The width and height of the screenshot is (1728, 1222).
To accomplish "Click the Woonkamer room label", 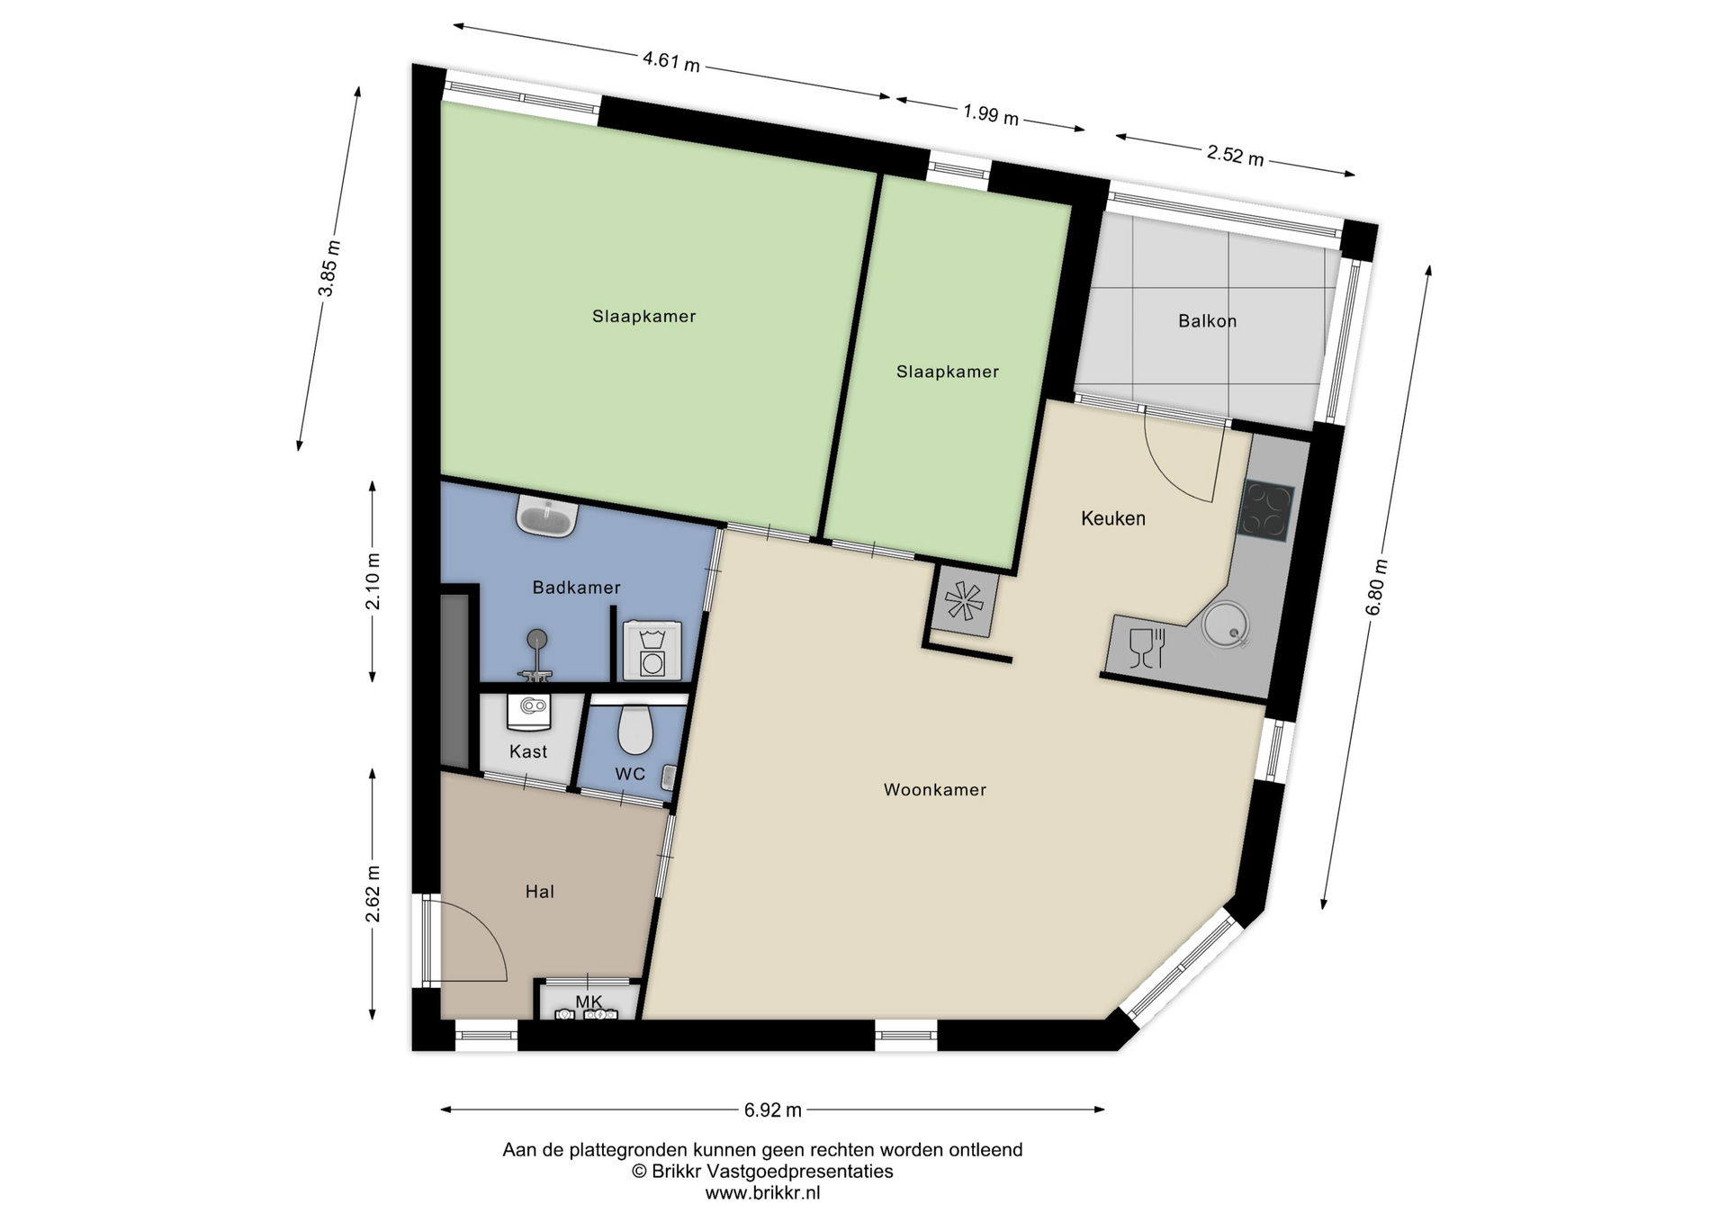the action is click(935, 790).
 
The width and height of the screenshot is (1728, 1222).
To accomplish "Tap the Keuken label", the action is click(1113, 518).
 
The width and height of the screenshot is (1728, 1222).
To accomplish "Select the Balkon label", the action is click(1208, 321).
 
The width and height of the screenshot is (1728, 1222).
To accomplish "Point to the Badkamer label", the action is click(577, 588).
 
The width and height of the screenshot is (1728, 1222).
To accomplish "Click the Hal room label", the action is click(540, 892).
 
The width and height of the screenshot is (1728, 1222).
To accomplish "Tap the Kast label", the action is click(528, 751).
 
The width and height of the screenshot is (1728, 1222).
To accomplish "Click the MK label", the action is click(589, 1002).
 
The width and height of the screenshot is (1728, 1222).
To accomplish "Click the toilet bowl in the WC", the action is click(635, 730).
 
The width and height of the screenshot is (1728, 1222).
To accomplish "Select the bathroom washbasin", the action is click(547, 517).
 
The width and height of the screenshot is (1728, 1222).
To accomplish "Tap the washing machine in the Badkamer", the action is click(652, 650).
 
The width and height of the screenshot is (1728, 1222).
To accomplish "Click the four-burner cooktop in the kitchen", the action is click(1266, 511).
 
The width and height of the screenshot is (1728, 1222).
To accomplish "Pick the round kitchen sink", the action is click(1227, 624).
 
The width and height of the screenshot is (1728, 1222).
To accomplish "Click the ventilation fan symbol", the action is click(964, 600).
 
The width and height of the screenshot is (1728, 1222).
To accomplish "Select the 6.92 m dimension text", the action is click(773, 1110).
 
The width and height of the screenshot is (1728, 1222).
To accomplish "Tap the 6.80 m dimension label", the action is click(1377, 588).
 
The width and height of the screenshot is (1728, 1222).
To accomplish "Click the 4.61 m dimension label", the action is click(671, 61).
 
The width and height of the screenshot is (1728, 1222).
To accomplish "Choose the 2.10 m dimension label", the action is click(373, 581).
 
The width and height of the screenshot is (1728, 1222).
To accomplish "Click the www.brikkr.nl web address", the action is click(762, 1193).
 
